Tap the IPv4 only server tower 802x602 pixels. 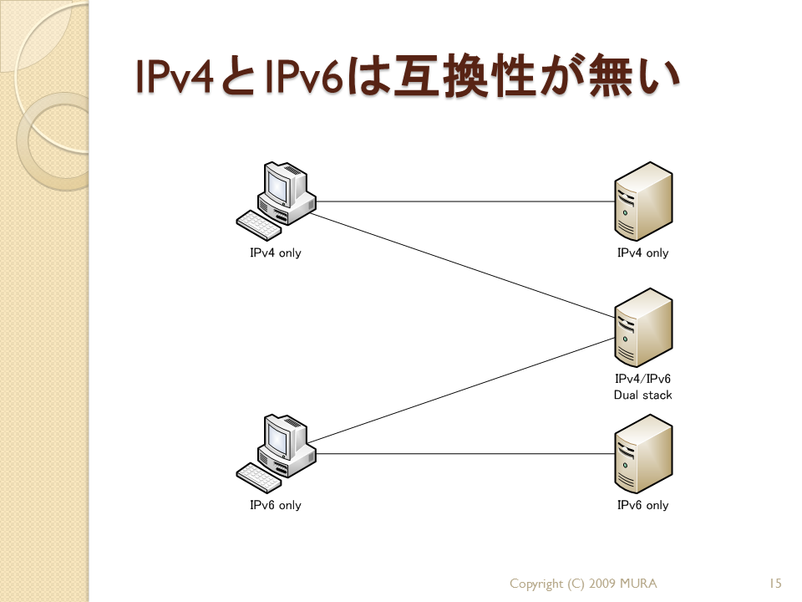click(643, 202)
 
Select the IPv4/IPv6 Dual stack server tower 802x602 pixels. click(643, 328)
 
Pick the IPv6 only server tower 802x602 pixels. click(643, 454)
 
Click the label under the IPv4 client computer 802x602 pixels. click(276, 253)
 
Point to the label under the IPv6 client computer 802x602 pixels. click(276, 505)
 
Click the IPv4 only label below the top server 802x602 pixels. click(643, 253)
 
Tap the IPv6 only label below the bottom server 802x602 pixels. click(643, 505)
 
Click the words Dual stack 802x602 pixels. click(643, 395)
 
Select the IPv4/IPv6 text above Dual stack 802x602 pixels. click(643, 379)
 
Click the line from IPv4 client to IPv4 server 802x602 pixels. click(465, 202)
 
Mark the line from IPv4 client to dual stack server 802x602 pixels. click(462, 265)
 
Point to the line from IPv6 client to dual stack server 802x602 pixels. click(461, 390)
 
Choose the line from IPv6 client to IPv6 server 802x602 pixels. click(465, 453)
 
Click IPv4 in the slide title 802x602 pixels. click(174, 77)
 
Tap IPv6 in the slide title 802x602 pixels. click(304, 77)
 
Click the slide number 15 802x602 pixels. click(775, 584)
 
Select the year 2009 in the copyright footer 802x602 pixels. click(602, 584)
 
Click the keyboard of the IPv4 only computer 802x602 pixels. click(259, 225)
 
